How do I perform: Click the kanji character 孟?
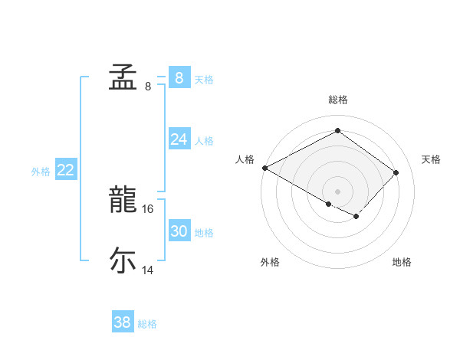pos(122,77)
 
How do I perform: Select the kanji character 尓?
pos(122,260)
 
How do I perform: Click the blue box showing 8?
pos(179,77)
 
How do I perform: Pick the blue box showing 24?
pos(179,139)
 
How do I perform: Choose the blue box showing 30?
pos(179,231)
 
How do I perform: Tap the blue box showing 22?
pos(65,170)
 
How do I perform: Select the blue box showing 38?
pos(122,322)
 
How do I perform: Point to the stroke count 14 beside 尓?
pos(148,270)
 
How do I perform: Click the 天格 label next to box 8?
pos(204,79)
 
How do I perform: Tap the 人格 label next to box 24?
pos(204,141)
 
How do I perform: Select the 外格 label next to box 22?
pos(41,172)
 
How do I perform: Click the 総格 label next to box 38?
pos(147,324)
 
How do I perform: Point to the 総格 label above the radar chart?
pos(337,100)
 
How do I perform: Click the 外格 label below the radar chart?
pos(270,262)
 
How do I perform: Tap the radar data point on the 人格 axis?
pos(264,167)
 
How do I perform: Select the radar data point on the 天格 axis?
pos(396,172)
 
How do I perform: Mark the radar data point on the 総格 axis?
pos(337,131)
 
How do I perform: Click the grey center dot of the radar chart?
pos(337,191)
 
